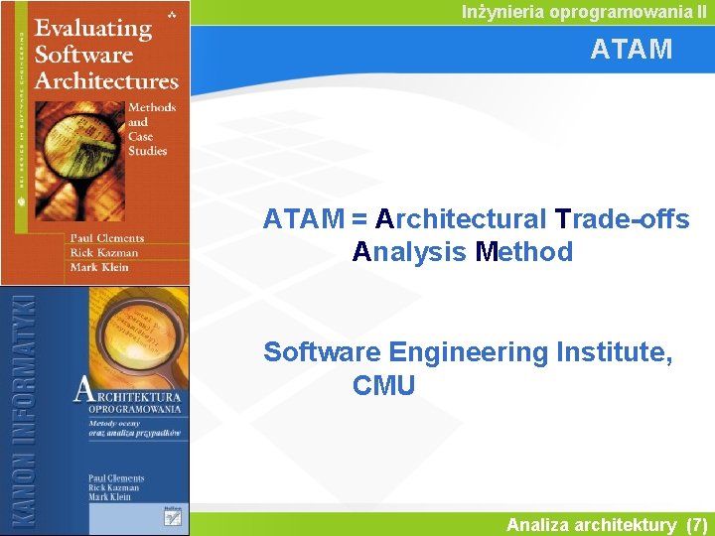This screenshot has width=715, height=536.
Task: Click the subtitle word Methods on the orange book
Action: (x=152, y=107)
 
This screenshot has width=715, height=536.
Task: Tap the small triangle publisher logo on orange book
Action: (x=173, y=10)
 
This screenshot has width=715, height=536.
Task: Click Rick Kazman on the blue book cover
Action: (x=115, y=488)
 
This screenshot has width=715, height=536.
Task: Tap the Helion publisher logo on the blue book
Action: (x=172, y=511)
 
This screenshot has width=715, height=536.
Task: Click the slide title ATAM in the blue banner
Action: (x=631, y=49)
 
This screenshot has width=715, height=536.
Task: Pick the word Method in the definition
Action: (x=524, y=252)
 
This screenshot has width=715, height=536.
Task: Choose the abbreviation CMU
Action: (x=383, y=385)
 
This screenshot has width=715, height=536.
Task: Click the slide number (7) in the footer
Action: (x=696, y=525)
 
